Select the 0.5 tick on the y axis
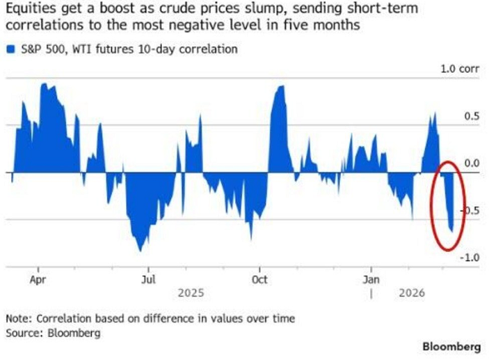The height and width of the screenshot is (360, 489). click(472, 116)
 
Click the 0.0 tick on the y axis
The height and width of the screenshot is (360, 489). click(472, 163)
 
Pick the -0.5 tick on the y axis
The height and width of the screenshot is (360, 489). click(470, 211)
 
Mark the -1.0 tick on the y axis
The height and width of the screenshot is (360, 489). click(470, 258)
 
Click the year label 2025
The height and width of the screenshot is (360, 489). click(191, 292)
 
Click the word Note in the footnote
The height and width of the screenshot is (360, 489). click(17, 319)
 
